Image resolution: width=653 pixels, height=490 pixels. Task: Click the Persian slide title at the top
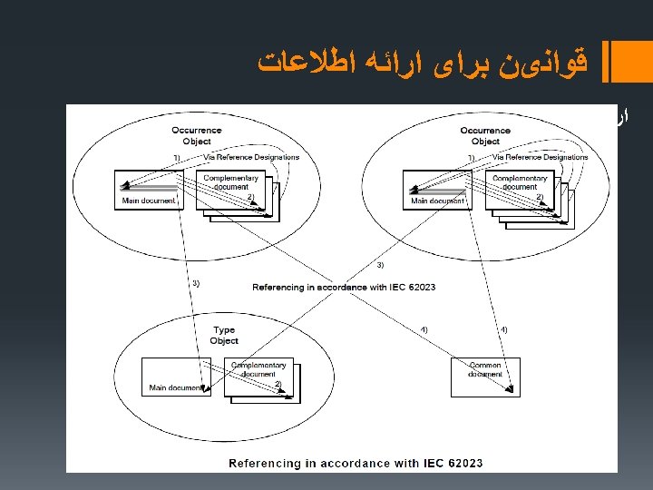(x=423, y=63)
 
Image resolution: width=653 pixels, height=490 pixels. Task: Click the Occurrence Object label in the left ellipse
(x=196, y=136)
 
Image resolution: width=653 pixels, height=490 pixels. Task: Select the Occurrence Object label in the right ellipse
(x=485, y=136)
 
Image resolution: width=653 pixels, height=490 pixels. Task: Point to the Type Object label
(x=224, y=335)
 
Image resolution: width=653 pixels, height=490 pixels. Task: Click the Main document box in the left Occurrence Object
(x=149, y=189)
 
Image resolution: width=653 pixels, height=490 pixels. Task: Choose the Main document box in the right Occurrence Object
(x=437, y=189)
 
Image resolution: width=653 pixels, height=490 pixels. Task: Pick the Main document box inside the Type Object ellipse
(x=176, y=377)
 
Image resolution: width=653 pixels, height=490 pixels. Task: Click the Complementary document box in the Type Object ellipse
(x=258, y=375)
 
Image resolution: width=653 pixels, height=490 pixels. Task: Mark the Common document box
(x=485, y=375)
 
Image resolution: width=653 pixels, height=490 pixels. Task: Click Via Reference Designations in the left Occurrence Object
(x=251, y=157)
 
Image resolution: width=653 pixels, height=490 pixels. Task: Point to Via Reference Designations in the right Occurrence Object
(x=540, y=157)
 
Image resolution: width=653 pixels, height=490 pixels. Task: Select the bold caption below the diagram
(x=356, y=463)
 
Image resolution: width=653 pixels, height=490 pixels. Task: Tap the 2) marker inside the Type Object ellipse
(x=278, y=384)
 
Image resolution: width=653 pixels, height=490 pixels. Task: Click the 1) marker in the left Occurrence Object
(x=177, y=158)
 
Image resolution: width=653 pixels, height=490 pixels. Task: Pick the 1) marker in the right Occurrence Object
(x=470, y=158)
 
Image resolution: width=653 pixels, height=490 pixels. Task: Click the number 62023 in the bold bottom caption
(x=462, y=463)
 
